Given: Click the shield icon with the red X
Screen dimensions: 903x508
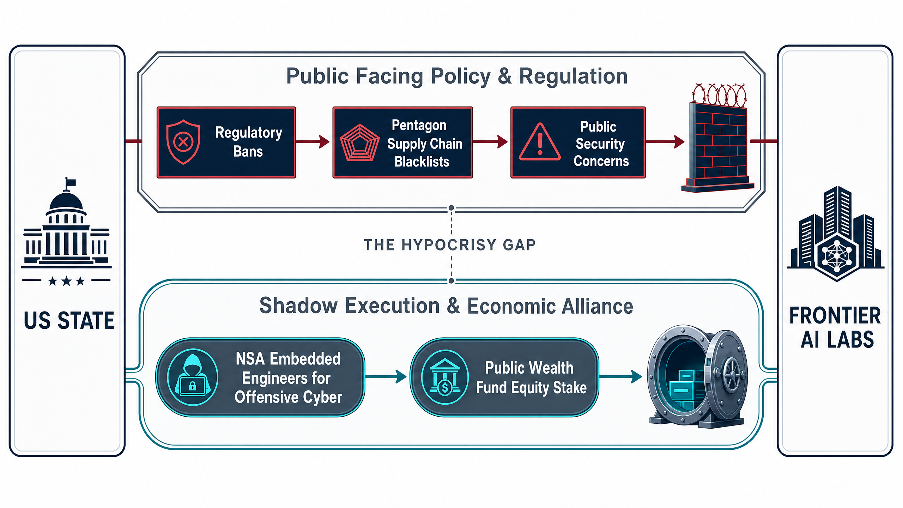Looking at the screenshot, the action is tap(183, 142).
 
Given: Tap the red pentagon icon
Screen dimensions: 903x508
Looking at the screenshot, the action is tap(359, 143).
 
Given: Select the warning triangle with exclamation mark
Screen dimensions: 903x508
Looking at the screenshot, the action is tap(540, 142).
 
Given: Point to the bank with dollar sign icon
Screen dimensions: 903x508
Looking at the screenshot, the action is tap(445, 377).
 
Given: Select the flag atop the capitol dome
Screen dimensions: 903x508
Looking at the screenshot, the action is tap(70, 183).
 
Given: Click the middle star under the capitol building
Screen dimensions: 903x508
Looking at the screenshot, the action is tap(66, 281).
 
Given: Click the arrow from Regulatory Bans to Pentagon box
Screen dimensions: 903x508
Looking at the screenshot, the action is tap(313, 142).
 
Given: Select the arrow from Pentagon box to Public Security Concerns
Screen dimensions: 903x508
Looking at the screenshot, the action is tap(490, 142).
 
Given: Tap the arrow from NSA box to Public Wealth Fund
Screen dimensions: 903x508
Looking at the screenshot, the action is tap(386, 376).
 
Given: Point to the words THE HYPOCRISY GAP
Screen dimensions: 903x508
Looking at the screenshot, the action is tap(450, 245).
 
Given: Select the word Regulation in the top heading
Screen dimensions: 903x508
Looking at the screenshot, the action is tap(574, 76).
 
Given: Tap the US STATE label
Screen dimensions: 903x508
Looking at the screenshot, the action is tap(69, 321).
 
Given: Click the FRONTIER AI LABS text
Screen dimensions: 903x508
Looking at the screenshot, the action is tap(835, 327).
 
